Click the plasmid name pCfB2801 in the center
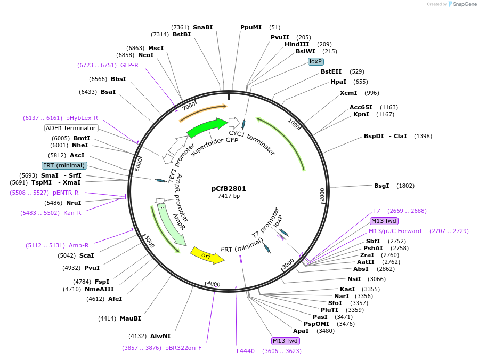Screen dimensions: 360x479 (x=229, y=188)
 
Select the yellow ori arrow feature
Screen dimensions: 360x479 (x=206, y=255)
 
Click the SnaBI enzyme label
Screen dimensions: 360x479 (x=202, y=27)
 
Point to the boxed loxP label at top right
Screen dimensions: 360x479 (x=316, y=61)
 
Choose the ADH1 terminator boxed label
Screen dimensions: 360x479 (x=71, y=128)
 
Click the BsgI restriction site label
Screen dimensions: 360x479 (x=381, y=186)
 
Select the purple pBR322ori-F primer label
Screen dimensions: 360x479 (x=184, y=348)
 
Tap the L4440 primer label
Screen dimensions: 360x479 (x=246, y=351)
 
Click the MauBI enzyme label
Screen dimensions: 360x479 (x=131, y=318)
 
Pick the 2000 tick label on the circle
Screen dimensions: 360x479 (x=322, y=195)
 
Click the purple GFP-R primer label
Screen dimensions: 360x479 (x=129, y=65)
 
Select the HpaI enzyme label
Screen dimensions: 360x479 (x=338, y=82)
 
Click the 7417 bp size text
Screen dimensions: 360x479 (x=229, y=196)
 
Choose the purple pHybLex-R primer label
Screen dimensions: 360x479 (x=82, y=118)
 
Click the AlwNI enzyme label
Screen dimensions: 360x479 (x=160, y=336)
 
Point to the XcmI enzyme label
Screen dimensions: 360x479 (x=348, y=93)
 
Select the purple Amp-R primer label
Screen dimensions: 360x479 (x=79, y=245)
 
